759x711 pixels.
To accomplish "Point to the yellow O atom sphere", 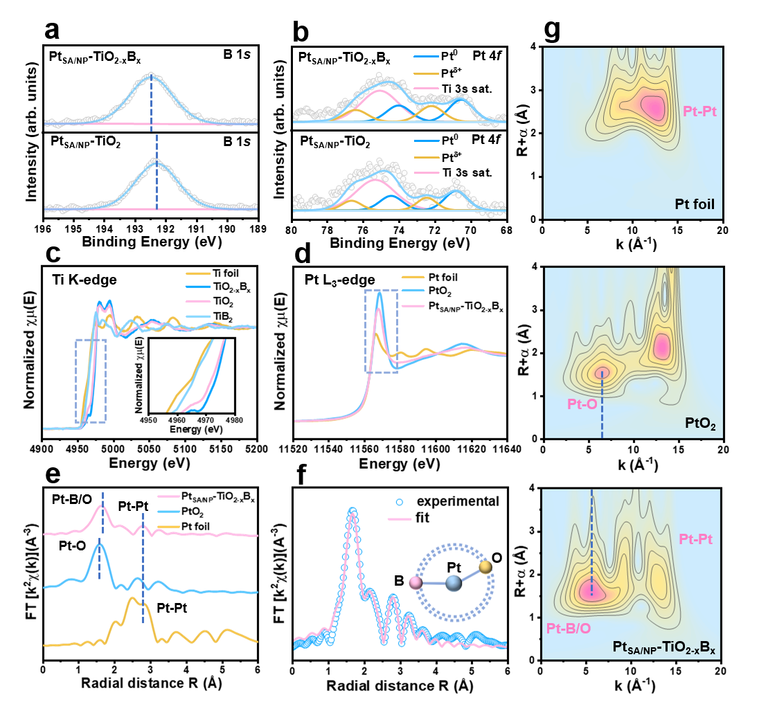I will tap(486, 567).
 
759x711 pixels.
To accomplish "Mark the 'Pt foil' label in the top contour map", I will tap(695, 204).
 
